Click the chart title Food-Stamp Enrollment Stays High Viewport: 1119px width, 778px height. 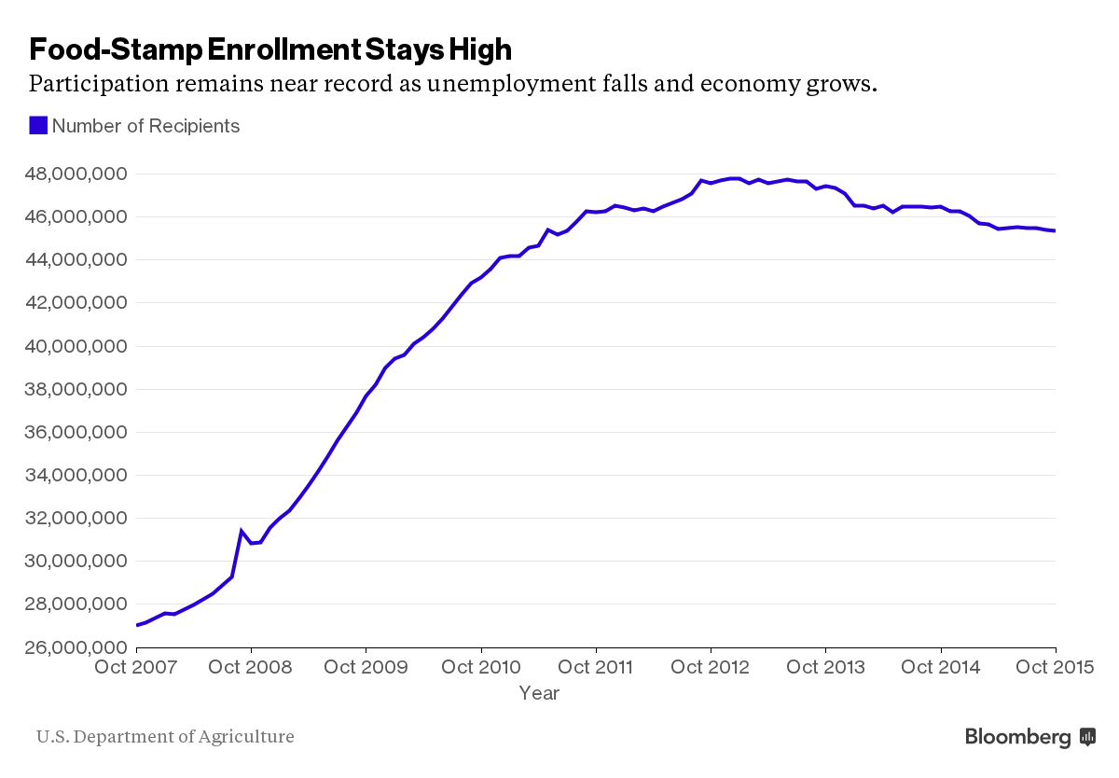270,49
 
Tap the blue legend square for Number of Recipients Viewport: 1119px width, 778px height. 38,126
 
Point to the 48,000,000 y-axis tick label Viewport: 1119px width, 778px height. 76,174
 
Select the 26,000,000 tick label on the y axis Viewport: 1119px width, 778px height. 76,647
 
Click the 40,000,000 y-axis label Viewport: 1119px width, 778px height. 76,346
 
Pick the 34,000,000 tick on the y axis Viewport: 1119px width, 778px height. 76,476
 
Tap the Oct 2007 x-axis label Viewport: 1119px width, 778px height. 135,667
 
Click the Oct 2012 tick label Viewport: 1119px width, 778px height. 711,667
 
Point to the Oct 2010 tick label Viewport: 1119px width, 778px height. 480,667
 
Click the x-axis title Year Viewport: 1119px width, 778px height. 539,693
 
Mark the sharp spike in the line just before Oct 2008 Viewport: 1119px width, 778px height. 242,531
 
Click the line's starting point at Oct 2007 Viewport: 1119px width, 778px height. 136,625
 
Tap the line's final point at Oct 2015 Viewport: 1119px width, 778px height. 1055,231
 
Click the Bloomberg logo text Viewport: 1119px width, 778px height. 1018,737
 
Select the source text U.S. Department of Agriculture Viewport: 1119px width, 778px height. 165,737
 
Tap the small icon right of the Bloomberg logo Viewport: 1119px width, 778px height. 1087,737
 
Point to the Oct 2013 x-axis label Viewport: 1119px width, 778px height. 826,667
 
